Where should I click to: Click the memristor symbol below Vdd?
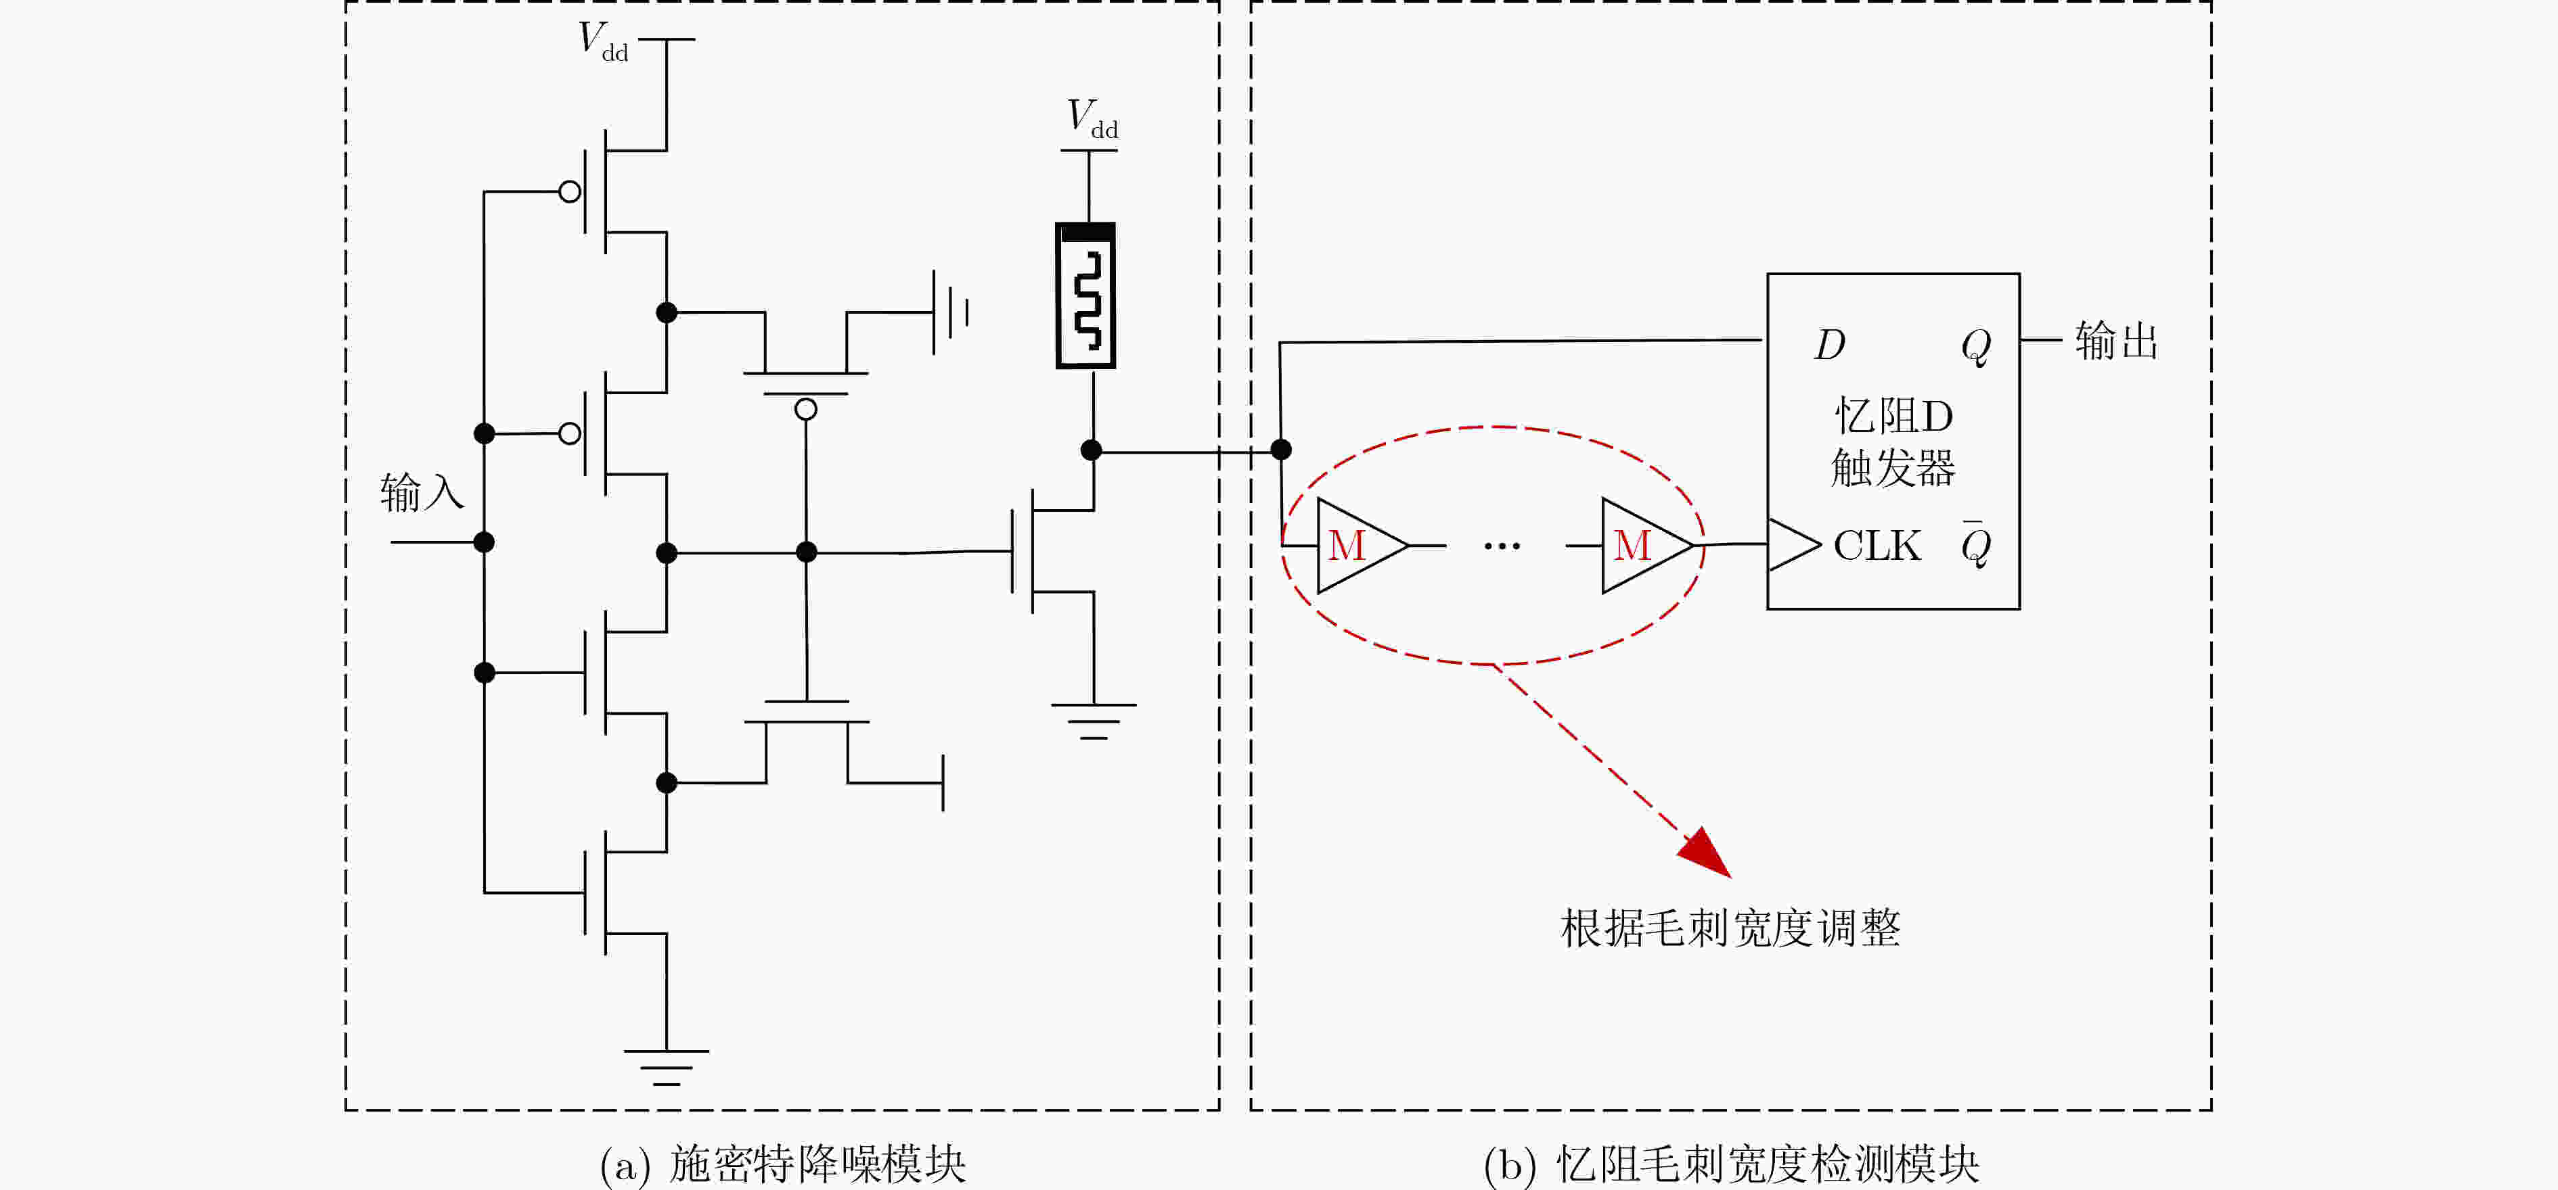tap(1085, 295)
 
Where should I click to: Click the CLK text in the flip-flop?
tap(1877, 546)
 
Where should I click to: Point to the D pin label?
tap(1829, 344)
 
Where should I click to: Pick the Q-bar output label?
tap(1975, 543)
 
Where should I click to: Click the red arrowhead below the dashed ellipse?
tap(1707, 853)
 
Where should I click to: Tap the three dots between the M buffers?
tap(1502, 546)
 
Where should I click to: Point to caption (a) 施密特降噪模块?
tap(782, 1164)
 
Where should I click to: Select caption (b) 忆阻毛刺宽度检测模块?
tap(1731, 1164)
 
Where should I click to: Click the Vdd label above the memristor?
tap(1092, 119)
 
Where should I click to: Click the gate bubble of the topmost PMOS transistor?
tap(570, 191)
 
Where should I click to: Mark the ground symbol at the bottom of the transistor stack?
tap(667, 1067)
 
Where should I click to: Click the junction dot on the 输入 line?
tap(484, 542)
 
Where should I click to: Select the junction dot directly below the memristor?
tap(1092, 450)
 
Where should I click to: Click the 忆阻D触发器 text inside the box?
tap(1893, 442)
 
